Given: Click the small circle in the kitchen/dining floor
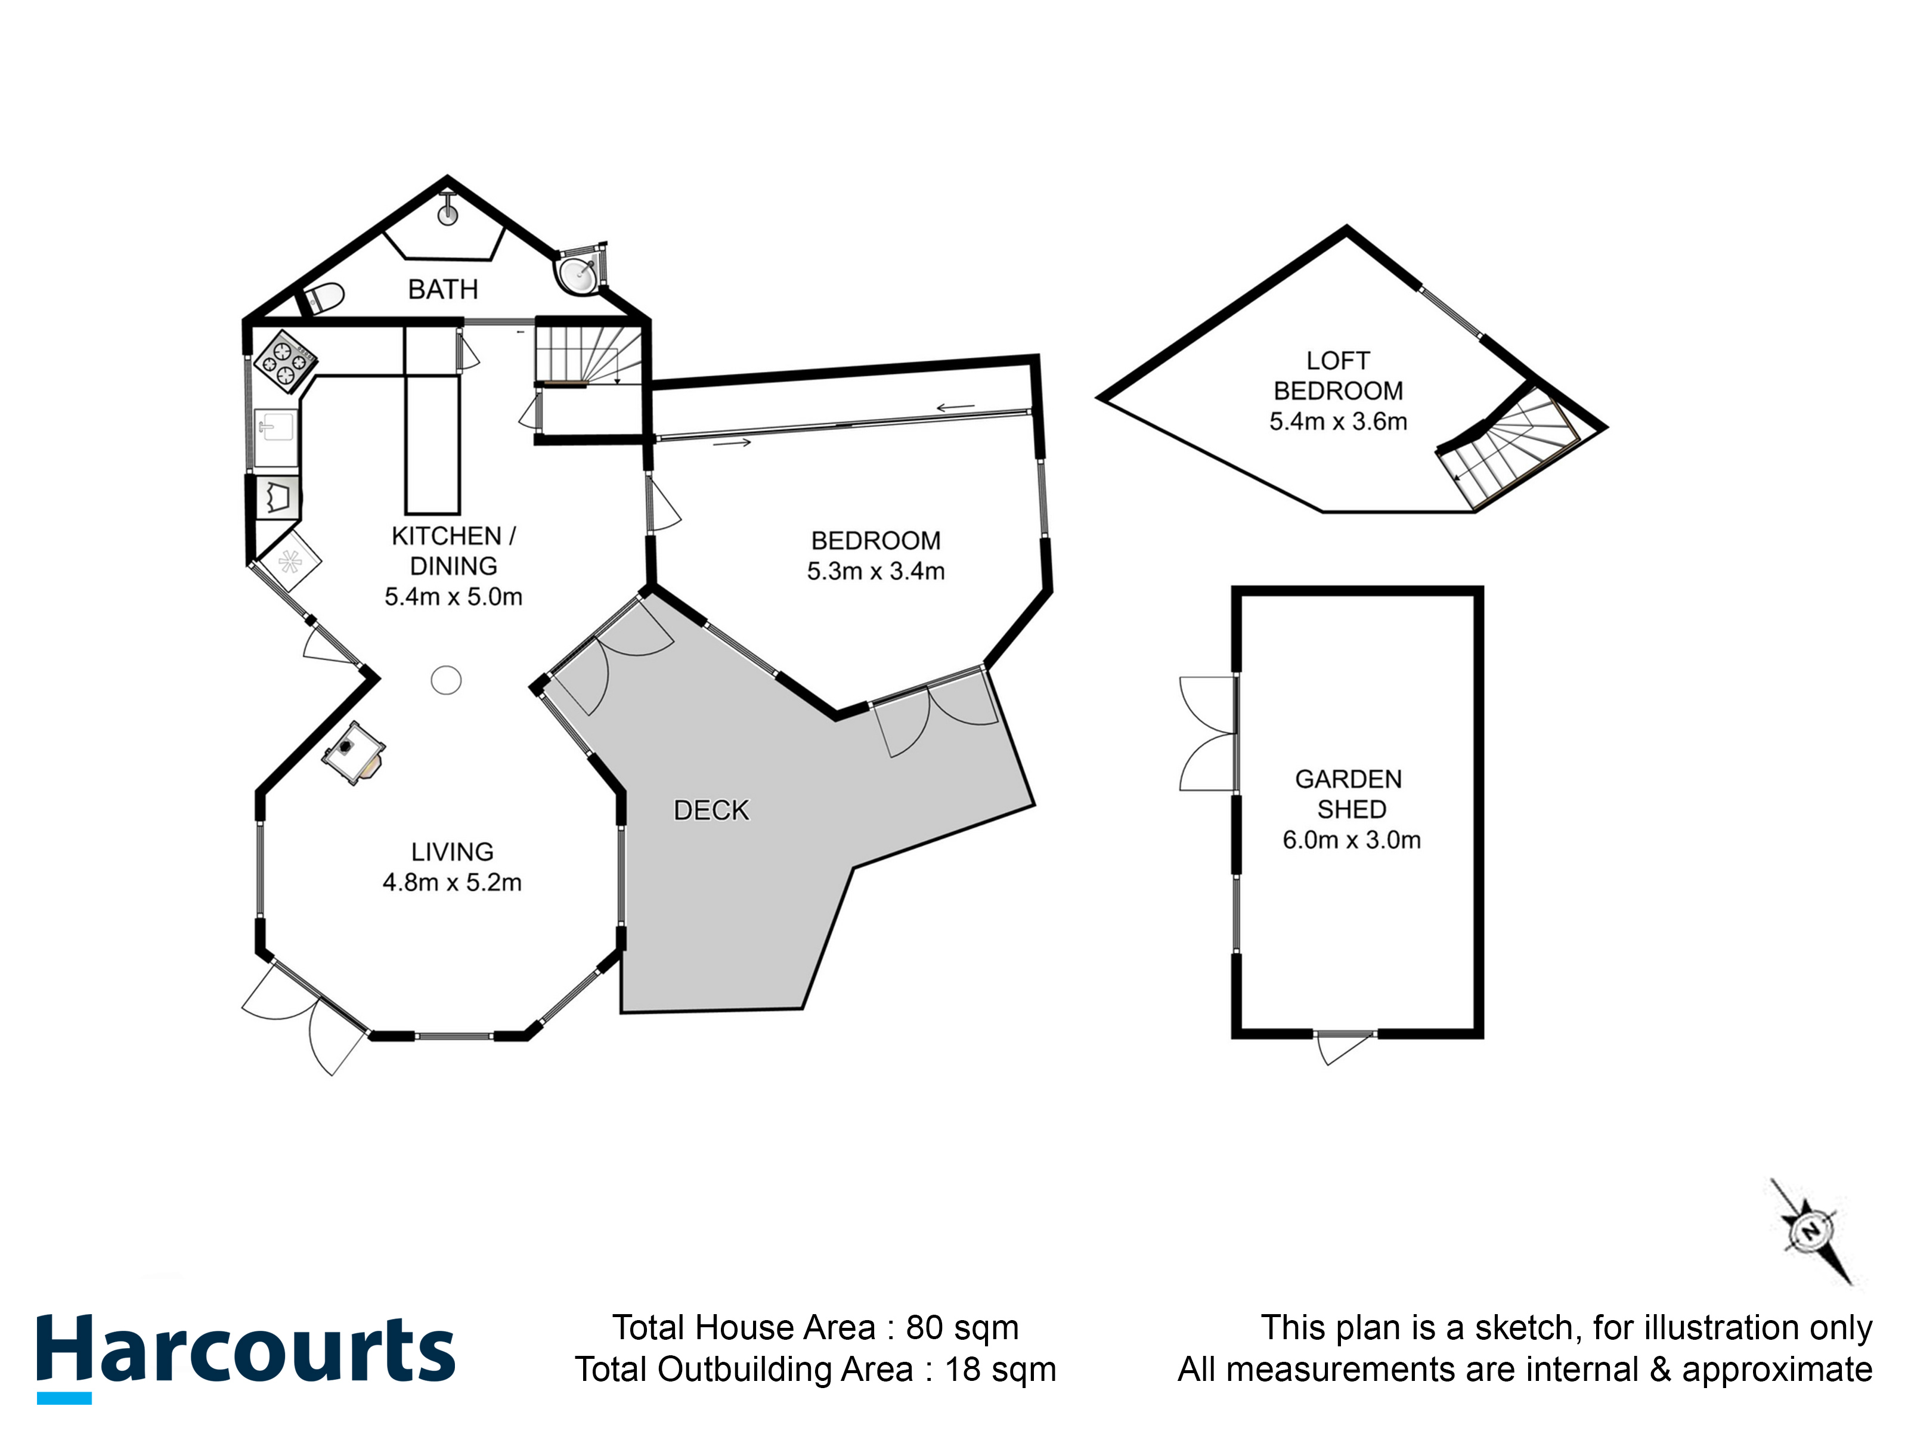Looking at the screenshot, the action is point(446,680).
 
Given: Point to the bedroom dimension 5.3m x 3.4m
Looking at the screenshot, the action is point(875,571).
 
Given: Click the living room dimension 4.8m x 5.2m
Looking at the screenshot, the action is point(452,882).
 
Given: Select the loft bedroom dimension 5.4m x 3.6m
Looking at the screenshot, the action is point(1338,422).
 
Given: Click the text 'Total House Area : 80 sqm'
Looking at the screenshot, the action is point(815,1327).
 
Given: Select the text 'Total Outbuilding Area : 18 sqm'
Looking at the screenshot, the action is point(815,1369).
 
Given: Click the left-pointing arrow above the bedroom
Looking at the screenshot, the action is point(956,407).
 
